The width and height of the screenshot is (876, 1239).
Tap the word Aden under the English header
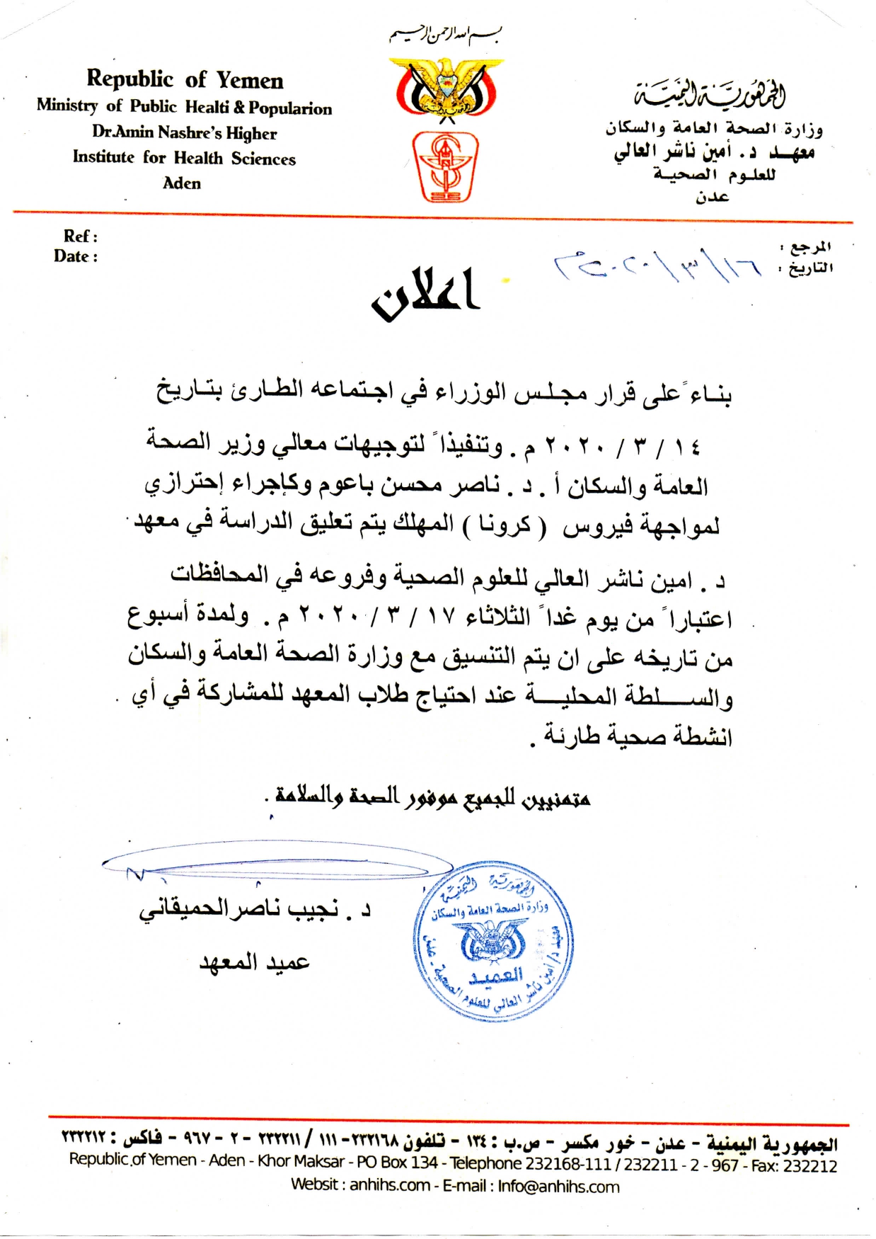coord(182,183)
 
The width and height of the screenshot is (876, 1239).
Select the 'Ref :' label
coord(80,236)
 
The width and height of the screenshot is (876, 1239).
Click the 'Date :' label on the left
coord(76,256)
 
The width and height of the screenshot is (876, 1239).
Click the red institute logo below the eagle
coord(445,167)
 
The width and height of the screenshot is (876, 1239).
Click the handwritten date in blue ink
coord(657,265)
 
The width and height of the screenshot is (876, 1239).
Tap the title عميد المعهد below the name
coord(255,961)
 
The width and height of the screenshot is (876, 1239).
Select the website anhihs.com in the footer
coord(389,1185)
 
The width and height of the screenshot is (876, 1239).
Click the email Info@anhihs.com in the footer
coord(558,1186)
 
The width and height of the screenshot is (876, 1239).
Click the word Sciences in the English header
coord(263,159)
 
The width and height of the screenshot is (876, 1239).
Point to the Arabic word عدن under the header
coord(712,197)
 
